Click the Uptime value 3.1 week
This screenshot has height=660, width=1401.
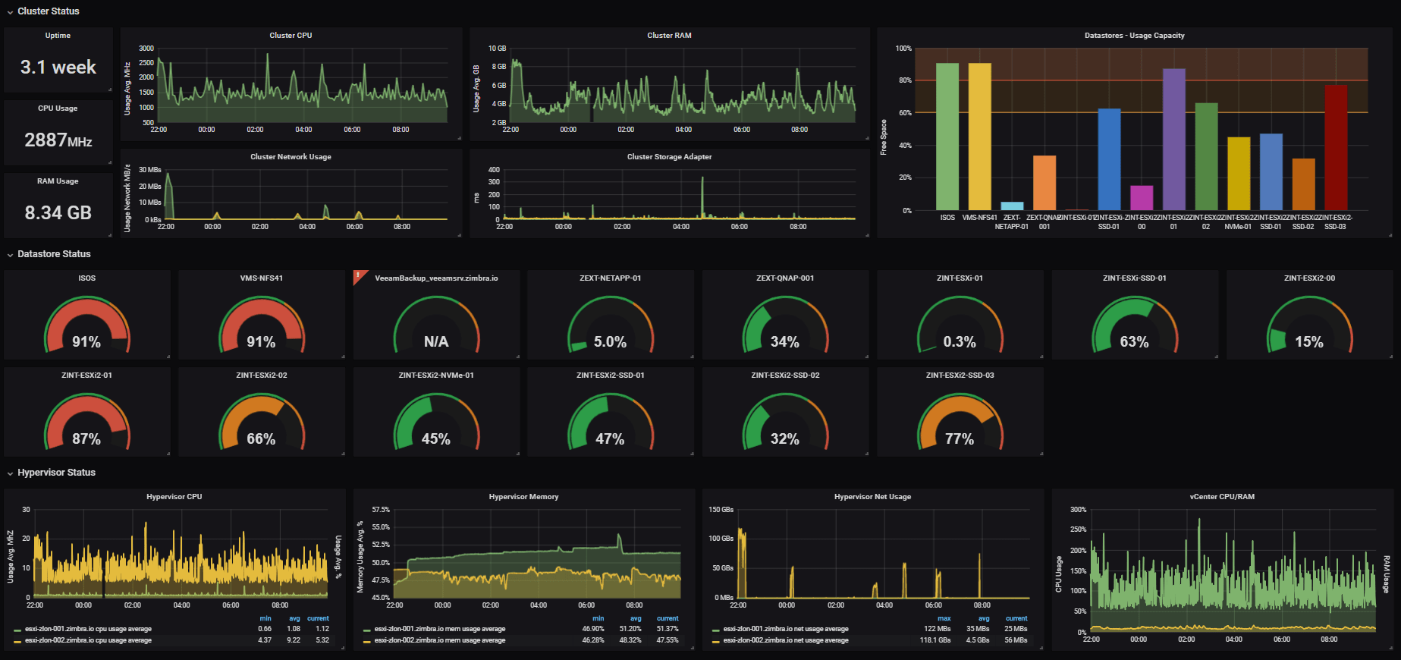[x=58, y=68]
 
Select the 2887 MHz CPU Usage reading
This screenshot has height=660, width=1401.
[x=58, y=140]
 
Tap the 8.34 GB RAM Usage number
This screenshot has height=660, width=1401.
[x=58, y=213]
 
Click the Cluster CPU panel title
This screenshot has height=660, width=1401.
[x=291, y=36]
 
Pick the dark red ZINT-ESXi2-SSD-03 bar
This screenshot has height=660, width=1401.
[x=1336, y=148]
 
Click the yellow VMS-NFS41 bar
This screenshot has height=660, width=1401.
[x=979, y=137]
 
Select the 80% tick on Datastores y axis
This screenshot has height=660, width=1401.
[x=905, y=80]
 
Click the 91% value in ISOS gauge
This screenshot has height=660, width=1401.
[x=86, y=342]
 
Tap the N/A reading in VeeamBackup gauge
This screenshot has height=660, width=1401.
[x=436, y=342]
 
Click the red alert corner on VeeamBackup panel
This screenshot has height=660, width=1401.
[x=359, y=275]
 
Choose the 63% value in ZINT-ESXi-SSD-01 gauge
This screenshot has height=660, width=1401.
[x=1134, y=342]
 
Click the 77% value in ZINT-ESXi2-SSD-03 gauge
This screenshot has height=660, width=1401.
[x=960, y=439]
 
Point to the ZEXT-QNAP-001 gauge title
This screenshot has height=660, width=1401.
[x=785, y=278]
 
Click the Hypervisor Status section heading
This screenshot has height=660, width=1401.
[x=56, y=473]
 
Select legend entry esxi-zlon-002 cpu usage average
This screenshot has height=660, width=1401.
[x=88, y=640]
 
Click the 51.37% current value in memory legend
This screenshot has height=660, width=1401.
[x=667, y=629]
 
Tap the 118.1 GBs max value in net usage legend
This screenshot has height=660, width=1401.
[x=935, y=640]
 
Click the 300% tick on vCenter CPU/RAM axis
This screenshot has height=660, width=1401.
[x=1078, y=510]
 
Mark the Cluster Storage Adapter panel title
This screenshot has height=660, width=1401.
[x=669, y=157]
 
